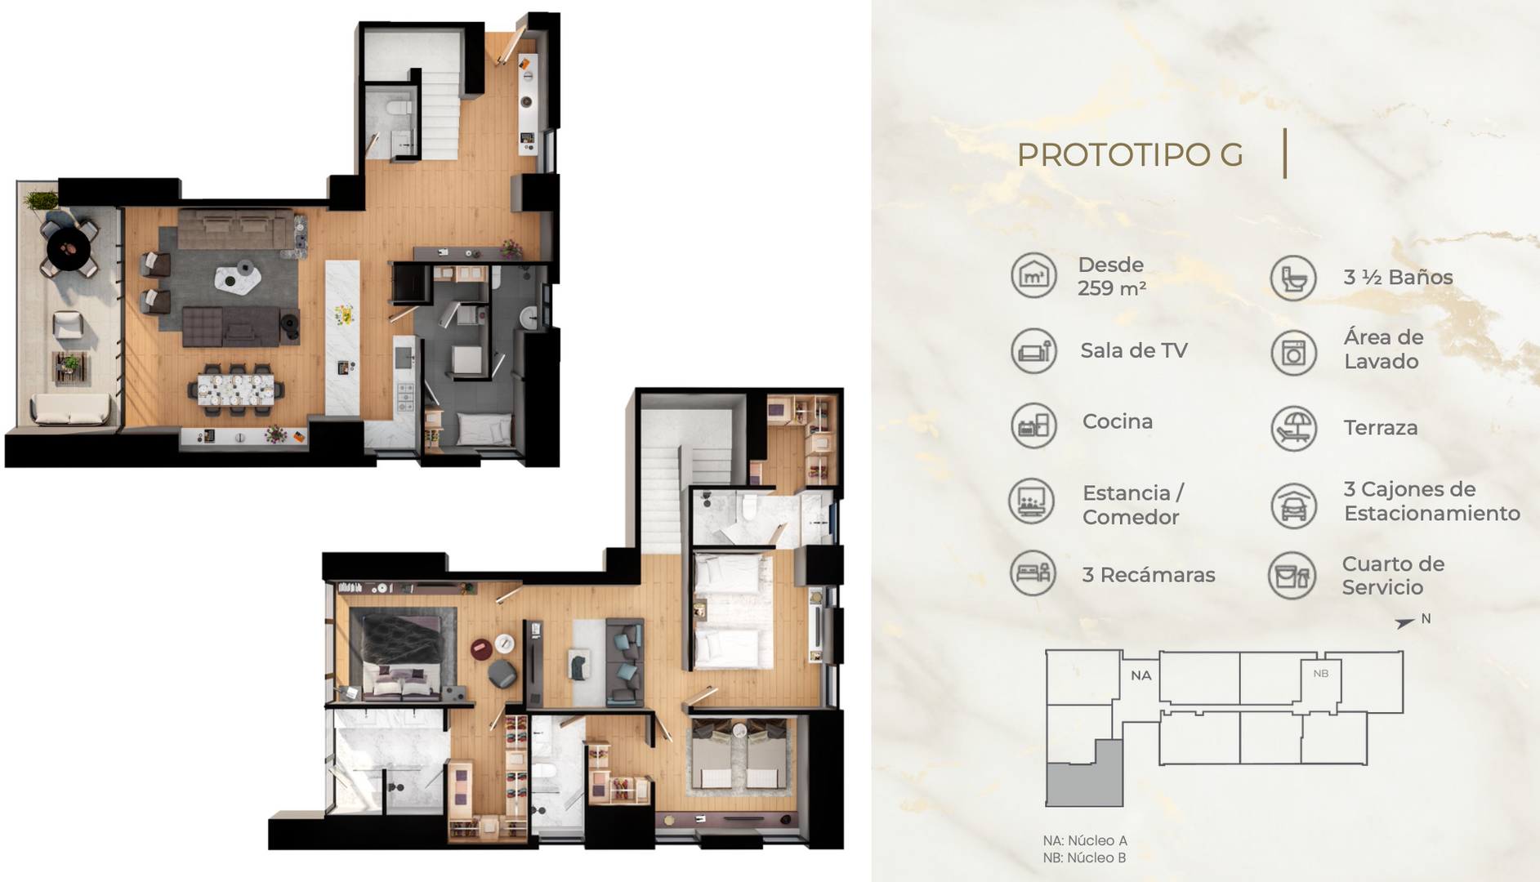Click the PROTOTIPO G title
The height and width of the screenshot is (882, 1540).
click(1130, 155)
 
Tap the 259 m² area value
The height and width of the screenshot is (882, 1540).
click(1111, 288)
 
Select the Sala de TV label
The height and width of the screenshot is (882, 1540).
click(1133, 350)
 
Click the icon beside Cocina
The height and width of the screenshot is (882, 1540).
click(1033, 425)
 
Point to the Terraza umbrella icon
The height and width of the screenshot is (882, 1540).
click(1294, 428)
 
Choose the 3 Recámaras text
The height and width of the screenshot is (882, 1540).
click(1149, 575)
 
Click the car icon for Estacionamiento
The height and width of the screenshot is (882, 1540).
click(1294, 505)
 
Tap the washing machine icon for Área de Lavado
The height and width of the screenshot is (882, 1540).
click(1294, 352)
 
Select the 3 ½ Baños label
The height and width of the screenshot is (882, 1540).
click(1398, 278)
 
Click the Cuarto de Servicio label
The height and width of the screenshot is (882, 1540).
click(1393, 576)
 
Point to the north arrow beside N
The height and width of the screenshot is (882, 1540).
click(1404, 623)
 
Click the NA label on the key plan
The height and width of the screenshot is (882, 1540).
click(1141, 675)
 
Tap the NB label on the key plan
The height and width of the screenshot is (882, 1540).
click(1321, 674)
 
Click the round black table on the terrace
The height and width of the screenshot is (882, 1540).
click(69, 247)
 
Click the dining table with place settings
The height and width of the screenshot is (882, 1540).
click(236, 389)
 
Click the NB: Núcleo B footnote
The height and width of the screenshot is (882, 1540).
click(1084, 857)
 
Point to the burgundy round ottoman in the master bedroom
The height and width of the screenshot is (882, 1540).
click(481, 650)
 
